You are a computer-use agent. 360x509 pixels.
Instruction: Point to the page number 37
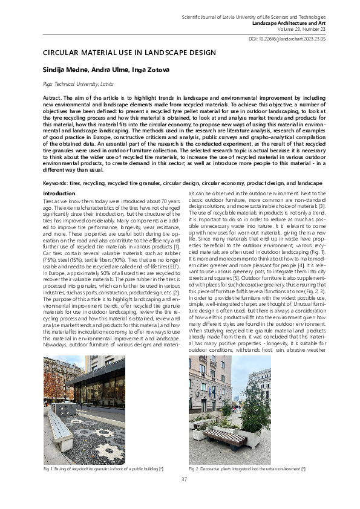coord(184,479)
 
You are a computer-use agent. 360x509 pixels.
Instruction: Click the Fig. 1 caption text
coord(103,468)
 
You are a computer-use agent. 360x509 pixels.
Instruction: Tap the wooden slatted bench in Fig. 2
coord(225,436)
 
